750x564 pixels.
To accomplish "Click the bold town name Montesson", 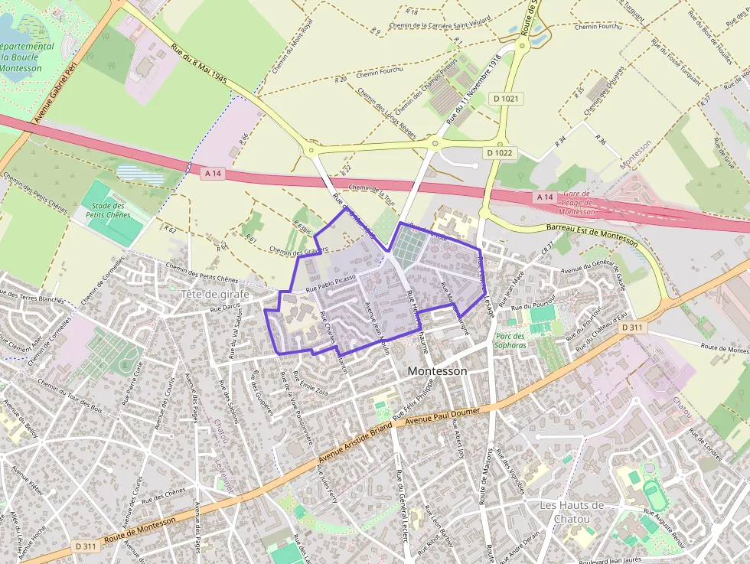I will (437, 370).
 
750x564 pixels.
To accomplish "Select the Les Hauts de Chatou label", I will (572, 512).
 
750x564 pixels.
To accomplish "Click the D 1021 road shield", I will (507, 98).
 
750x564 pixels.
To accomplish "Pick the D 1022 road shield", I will (499, 152).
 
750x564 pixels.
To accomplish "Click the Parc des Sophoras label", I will (510, 341).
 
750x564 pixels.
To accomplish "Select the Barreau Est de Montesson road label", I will (592, 234).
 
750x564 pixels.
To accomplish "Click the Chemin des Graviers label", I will (298, 250).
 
